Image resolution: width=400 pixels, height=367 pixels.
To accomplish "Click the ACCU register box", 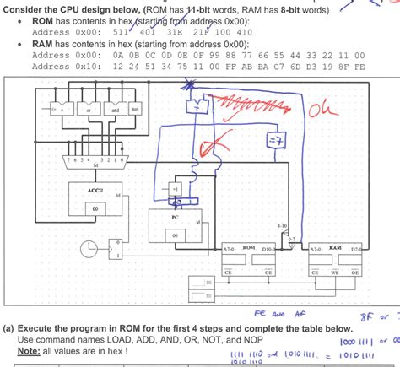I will pos(95,199).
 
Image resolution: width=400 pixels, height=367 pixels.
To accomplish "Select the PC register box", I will pos(174,224).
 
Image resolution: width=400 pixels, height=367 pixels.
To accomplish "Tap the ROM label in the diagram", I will pos(249,247).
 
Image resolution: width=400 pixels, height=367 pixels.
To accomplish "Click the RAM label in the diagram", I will pos(335,247).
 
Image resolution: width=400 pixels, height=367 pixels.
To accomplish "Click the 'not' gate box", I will pos(136,109).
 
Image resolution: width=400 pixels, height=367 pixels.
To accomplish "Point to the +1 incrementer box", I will pos(174,188).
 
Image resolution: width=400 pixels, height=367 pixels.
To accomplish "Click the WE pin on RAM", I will pos(336,273).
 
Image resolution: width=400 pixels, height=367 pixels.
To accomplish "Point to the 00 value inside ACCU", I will pos(95,207).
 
